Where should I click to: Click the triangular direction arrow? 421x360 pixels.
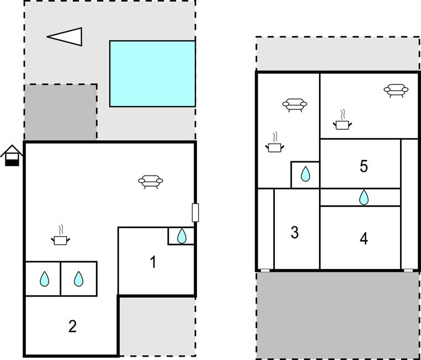point(66,37)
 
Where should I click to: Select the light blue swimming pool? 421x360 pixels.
point(152,73)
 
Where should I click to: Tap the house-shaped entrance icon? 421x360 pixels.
point(12,155)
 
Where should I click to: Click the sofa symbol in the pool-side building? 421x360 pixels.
point(151,181)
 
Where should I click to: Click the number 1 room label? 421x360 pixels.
point(153,262)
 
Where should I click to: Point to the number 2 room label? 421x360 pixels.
point(72,326)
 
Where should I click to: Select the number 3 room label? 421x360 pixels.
point(295,233)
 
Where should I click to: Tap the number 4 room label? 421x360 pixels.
point(364,239)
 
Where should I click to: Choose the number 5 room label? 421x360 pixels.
point(364,166)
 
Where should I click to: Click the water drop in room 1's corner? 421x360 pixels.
point(182,236)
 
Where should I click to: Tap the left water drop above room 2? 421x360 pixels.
point(44,279)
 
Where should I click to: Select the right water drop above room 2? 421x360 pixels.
point(79,279)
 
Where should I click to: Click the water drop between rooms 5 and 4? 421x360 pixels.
point(364,197)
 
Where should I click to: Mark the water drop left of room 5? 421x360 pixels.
point(305,175)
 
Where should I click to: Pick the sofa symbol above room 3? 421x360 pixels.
point(295,104)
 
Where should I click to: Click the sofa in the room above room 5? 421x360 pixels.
point(396,90)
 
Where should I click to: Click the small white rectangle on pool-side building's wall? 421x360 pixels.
point(195,213)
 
